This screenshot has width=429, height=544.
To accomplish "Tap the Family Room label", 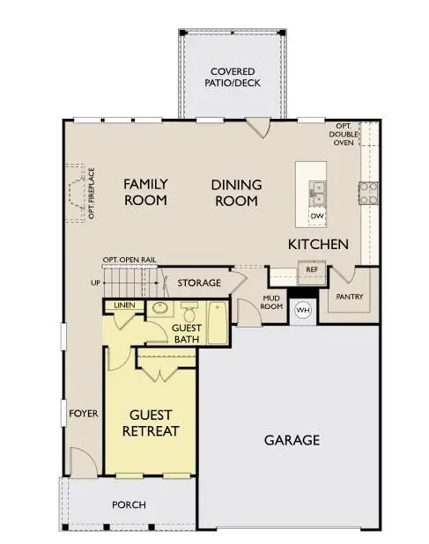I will click(x=145, y=192).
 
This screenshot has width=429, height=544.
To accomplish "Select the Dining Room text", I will click(x=236, y=192).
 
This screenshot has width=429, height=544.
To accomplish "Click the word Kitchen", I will click(x=317, y=244).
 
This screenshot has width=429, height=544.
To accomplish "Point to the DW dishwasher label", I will click(x=316, y=215).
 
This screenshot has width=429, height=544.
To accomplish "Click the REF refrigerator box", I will click(x=310, y=271).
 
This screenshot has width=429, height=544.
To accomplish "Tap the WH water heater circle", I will click(x=303, y=310).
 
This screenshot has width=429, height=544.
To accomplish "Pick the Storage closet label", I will click(x=198, y=283).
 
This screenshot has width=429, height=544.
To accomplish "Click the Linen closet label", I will click(x=122, y=306).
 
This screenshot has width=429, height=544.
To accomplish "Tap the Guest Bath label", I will click(x=186, y=333).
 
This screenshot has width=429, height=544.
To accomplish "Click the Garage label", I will click(x=292, y=439).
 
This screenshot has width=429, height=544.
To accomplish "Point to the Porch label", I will click(x=129, y=504).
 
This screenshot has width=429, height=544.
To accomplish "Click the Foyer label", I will click(x=85, y=414).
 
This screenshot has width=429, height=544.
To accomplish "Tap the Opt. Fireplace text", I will click(x=92, y=193).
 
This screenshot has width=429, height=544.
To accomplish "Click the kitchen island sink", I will click(x=316, y=189).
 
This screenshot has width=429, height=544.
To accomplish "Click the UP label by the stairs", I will click(x=95, y=283).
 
